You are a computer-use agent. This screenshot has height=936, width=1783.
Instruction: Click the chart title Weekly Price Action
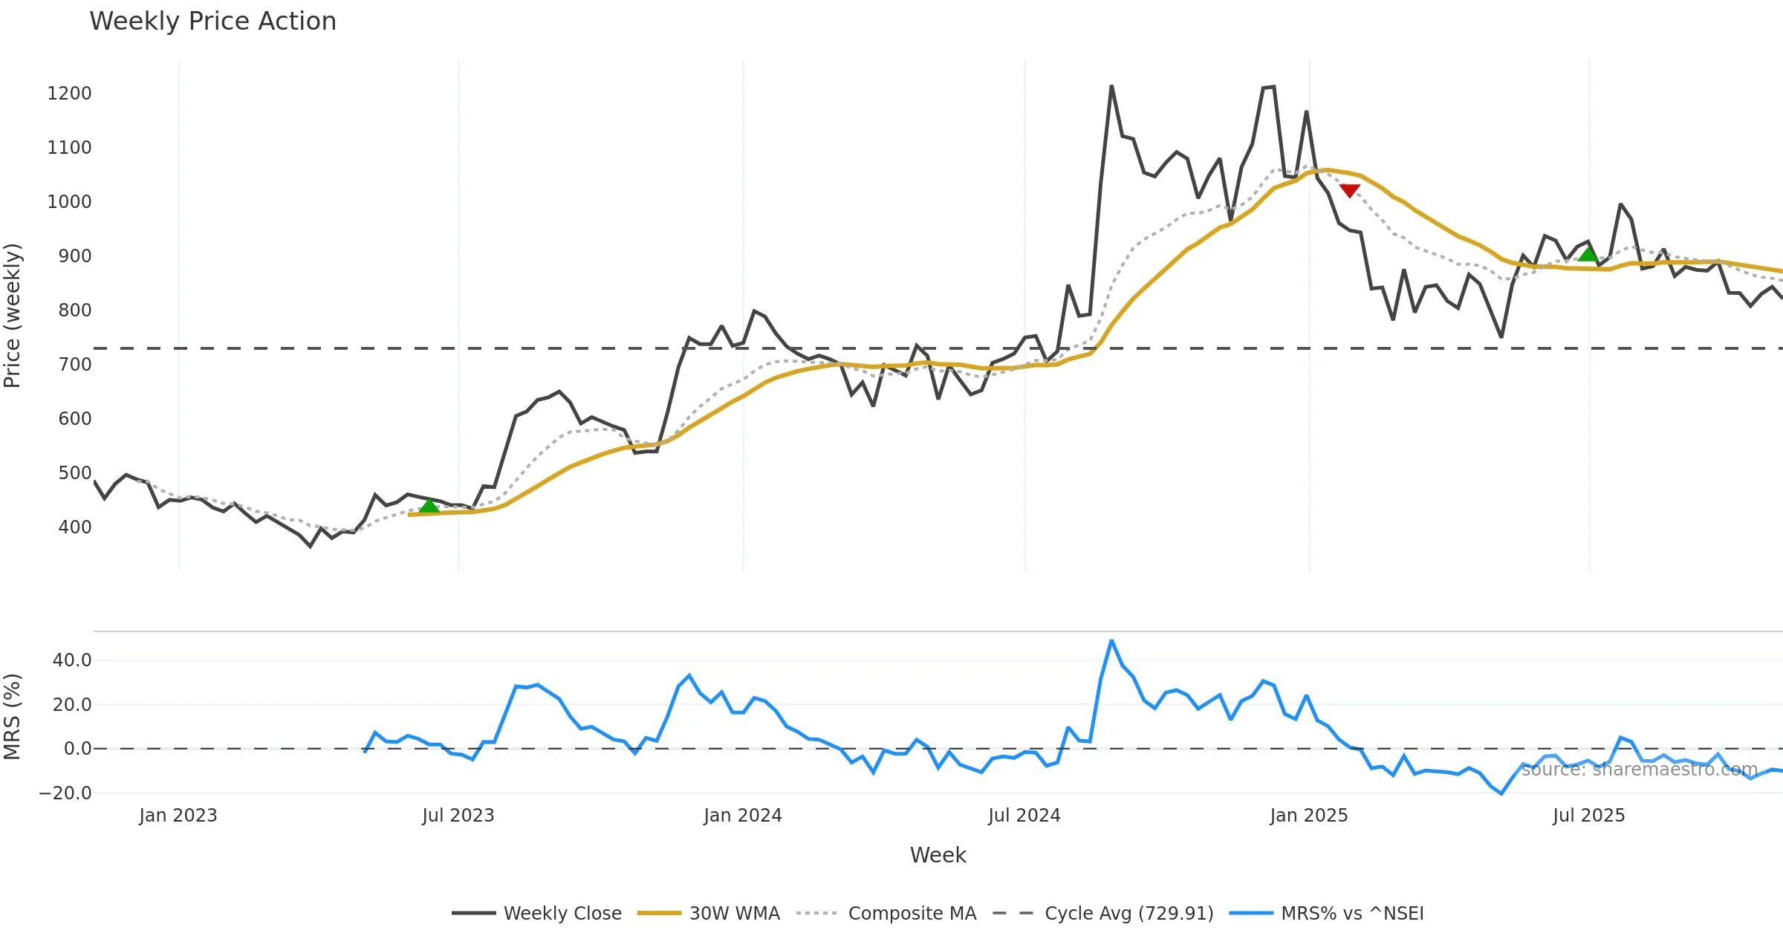tap(212, 22)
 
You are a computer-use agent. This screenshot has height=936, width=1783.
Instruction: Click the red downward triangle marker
tap(1349, 191)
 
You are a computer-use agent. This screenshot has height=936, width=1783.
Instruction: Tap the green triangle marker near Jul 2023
tap(429, 507)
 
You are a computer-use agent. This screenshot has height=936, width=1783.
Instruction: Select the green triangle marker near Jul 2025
tap(1588, 254)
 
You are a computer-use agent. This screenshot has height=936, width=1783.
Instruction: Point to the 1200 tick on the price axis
tap(69, 94)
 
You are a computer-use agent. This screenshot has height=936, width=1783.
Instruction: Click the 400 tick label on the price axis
tap(74, 527)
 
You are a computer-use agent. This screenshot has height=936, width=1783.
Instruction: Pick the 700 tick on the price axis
tap(74, 365)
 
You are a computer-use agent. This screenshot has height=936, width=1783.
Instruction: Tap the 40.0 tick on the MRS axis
tap(71, 660)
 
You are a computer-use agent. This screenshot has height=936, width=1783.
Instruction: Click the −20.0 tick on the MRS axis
tap(65, 793)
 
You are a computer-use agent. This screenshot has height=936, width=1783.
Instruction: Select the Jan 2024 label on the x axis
tap(742, 816)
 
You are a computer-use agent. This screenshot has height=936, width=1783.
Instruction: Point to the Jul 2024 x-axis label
tap(1024, 816)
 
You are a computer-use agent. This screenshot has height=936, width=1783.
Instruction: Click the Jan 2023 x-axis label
tap(178, 816)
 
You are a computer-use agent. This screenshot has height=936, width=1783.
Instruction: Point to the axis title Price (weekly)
tap(13, 316)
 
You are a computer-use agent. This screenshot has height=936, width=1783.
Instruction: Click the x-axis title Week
tap(938, 856)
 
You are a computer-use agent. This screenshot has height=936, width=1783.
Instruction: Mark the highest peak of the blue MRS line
tap(1111, 640)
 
